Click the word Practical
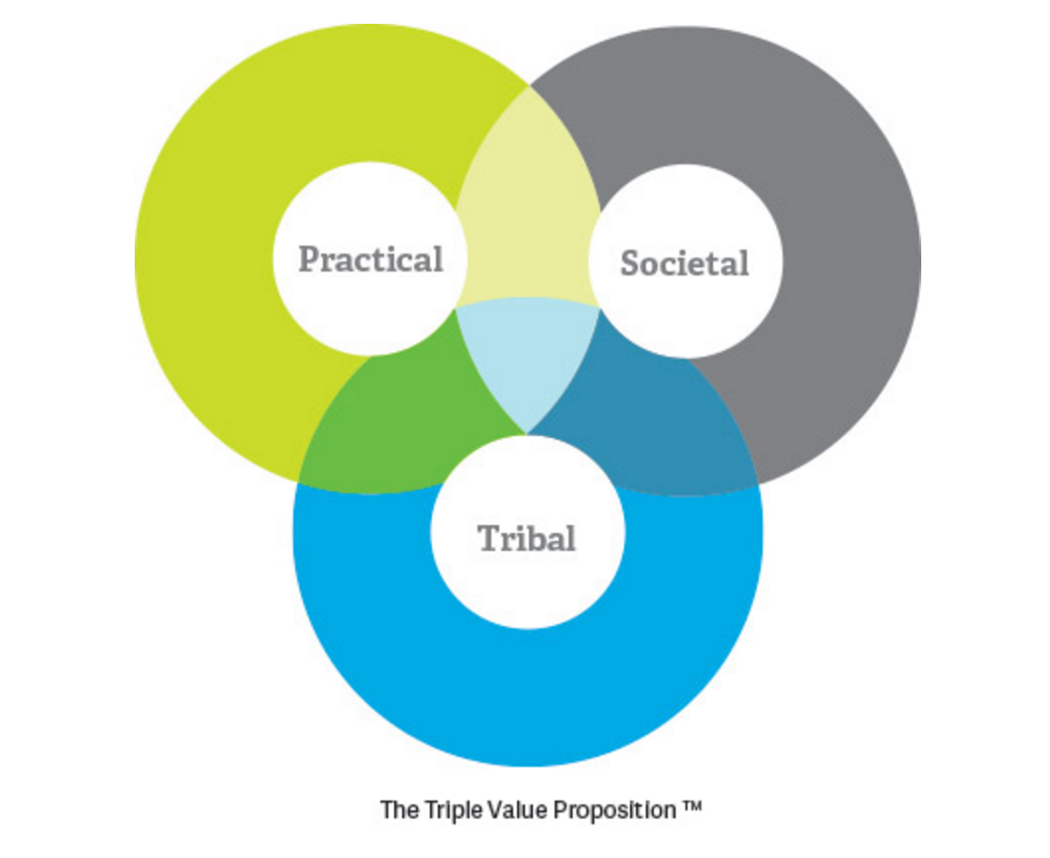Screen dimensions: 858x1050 tap(370, 260)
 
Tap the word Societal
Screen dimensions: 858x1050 tap(684, 264)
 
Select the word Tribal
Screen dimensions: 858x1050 tap(527, 539)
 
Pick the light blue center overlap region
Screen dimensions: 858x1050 tap(527, 362)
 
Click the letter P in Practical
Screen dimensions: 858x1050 tap(310, 260)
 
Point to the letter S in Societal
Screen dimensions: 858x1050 tap(630, 264)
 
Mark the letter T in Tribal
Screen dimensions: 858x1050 tap(489, 539)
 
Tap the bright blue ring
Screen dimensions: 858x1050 tap(527, 694)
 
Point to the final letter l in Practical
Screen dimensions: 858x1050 tap(437, 259)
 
